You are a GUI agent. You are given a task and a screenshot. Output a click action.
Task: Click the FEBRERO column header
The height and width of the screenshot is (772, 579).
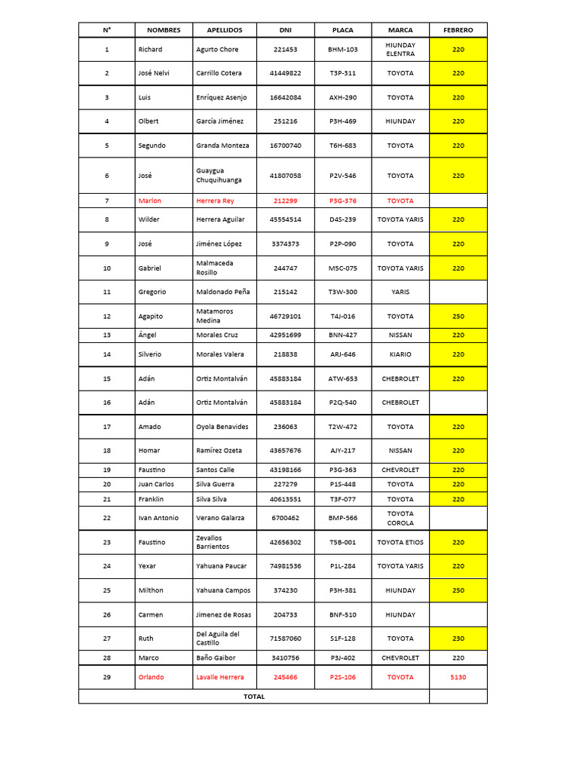[458, 30]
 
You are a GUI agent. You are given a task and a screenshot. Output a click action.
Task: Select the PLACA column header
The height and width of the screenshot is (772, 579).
[343, 30]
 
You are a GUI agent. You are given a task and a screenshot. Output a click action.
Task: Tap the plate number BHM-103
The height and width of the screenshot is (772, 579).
[343, 50]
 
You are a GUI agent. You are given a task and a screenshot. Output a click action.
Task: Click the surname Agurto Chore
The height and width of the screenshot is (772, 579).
[217, 50]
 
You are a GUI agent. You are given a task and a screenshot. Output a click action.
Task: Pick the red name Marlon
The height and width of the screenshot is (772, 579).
[150, 201]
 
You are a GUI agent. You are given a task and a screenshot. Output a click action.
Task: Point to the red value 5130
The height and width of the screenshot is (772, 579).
[458, 677]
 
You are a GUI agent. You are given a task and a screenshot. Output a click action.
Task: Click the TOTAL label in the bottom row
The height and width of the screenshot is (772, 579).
[254, 697]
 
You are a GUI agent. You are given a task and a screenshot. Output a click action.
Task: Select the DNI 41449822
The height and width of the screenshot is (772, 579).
[285, 73]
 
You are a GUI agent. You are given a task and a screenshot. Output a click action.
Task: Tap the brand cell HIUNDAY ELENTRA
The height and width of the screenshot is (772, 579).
[400, 50]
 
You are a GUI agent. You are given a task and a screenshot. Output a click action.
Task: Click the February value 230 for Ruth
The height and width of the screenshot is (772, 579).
[458, 639]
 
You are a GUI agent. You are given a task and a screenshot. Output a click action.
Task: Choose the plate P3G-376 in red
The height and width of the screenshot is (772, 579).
[343, 201]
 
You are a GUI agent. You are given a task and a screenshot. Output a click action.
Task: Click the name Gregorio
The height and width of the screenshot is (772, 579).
[152, 292]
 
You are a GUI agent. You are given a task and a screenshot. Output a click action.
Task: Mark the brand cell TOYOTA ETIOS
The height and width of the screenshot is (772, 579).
[400, 542]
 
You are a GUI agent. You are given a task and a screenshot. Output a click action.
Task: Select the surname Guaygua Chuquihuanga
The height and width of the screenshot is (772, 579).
[219, 176]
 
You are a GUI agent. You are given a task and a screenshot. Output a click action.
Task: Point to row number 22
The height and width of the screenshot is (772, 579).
[107, 518]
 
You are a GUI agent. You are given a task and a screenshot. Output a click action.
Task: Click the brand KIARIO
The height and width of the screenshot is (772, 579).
[400, 354]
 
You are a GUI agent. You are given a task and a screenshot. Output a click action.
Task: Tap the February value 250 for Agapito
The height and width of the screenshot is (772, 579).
[458, 317]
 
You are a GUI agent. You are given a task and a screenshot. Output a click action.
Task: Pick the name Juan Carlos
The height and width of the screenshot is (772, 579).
[156, 484]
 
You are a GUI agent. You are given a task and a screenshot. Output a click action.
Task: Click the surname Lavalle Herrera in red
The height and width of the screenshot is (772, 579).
[220, 677]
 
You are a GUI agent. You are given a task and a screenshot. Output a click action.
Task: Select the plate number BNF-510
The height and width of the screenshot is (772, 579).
[343, 615]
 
